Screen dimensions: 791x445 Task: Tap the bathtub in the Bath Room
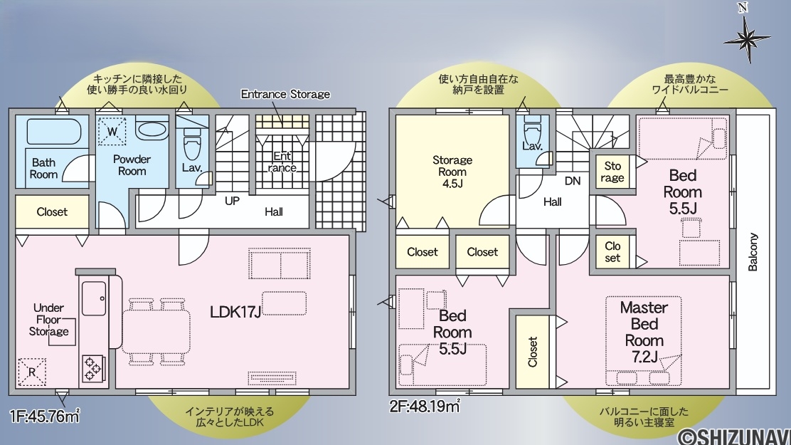(53, 131)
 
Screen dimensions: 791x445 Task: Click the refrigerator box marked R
(32, 372)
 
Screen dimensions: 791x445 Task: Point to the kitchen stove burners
(93, 367)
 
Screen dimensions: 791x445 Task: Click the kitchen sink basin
(94, 298)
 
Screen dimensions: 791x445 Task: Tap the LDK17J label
(235, 312)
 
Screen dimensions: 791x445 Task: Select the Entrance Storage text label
(285, 94)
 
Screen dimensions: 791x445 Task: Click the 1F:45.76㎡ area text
(44, 417)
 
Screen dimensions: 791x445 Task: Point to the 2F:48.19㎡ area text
(424, 406)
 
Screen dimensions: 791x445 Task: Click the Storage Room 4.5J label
(452, 172)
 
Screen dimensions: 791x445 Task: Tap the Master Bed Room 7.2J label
(644, 332)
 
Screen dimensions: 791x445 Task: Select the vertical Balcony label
(753, 252)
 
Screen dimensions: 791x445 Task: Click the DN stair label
(573, 181)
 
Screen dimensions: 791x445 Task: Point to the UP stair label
(232, 201)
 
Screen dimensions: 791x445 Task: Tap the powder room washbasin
(152, 130)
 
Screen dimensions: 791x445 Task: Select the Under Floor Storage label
(49, 320)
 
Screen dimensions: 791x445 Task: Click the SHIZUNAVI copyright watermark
(734, 436)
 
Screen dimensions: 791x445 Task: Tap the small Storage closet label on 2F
(612, 172)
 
